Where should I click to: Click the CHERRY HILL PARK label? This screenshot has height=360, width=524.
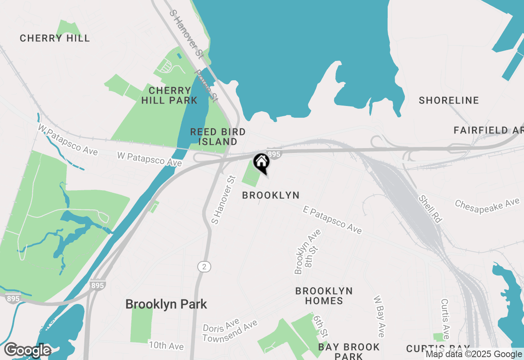click(169, 95)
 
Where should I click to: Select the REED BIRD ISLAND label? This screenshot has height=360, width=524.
click(218, 137)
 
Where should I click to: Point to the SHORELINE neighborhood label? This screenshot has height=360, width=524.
click(449, 100)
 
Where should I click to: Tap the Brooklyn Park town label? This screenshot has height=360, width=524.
click(166, 304)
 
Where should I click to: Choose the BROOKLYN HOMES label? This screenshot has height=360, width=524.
click(324, 296)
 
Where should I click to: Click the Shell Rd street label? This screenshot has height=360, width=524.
click(430, 209)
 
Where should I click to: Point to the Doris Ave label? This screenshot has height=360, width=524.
click(221, 326)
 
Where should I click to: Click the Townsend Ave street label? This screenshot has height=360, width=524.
click(230, 331)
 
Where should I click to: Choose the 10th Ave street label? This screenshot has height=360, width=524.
click(166, 346)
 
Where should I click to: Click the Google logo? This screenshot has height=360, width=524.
click(27, 350)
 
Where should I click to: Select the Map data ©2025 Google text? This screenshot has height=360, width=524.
click(474, 354)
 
